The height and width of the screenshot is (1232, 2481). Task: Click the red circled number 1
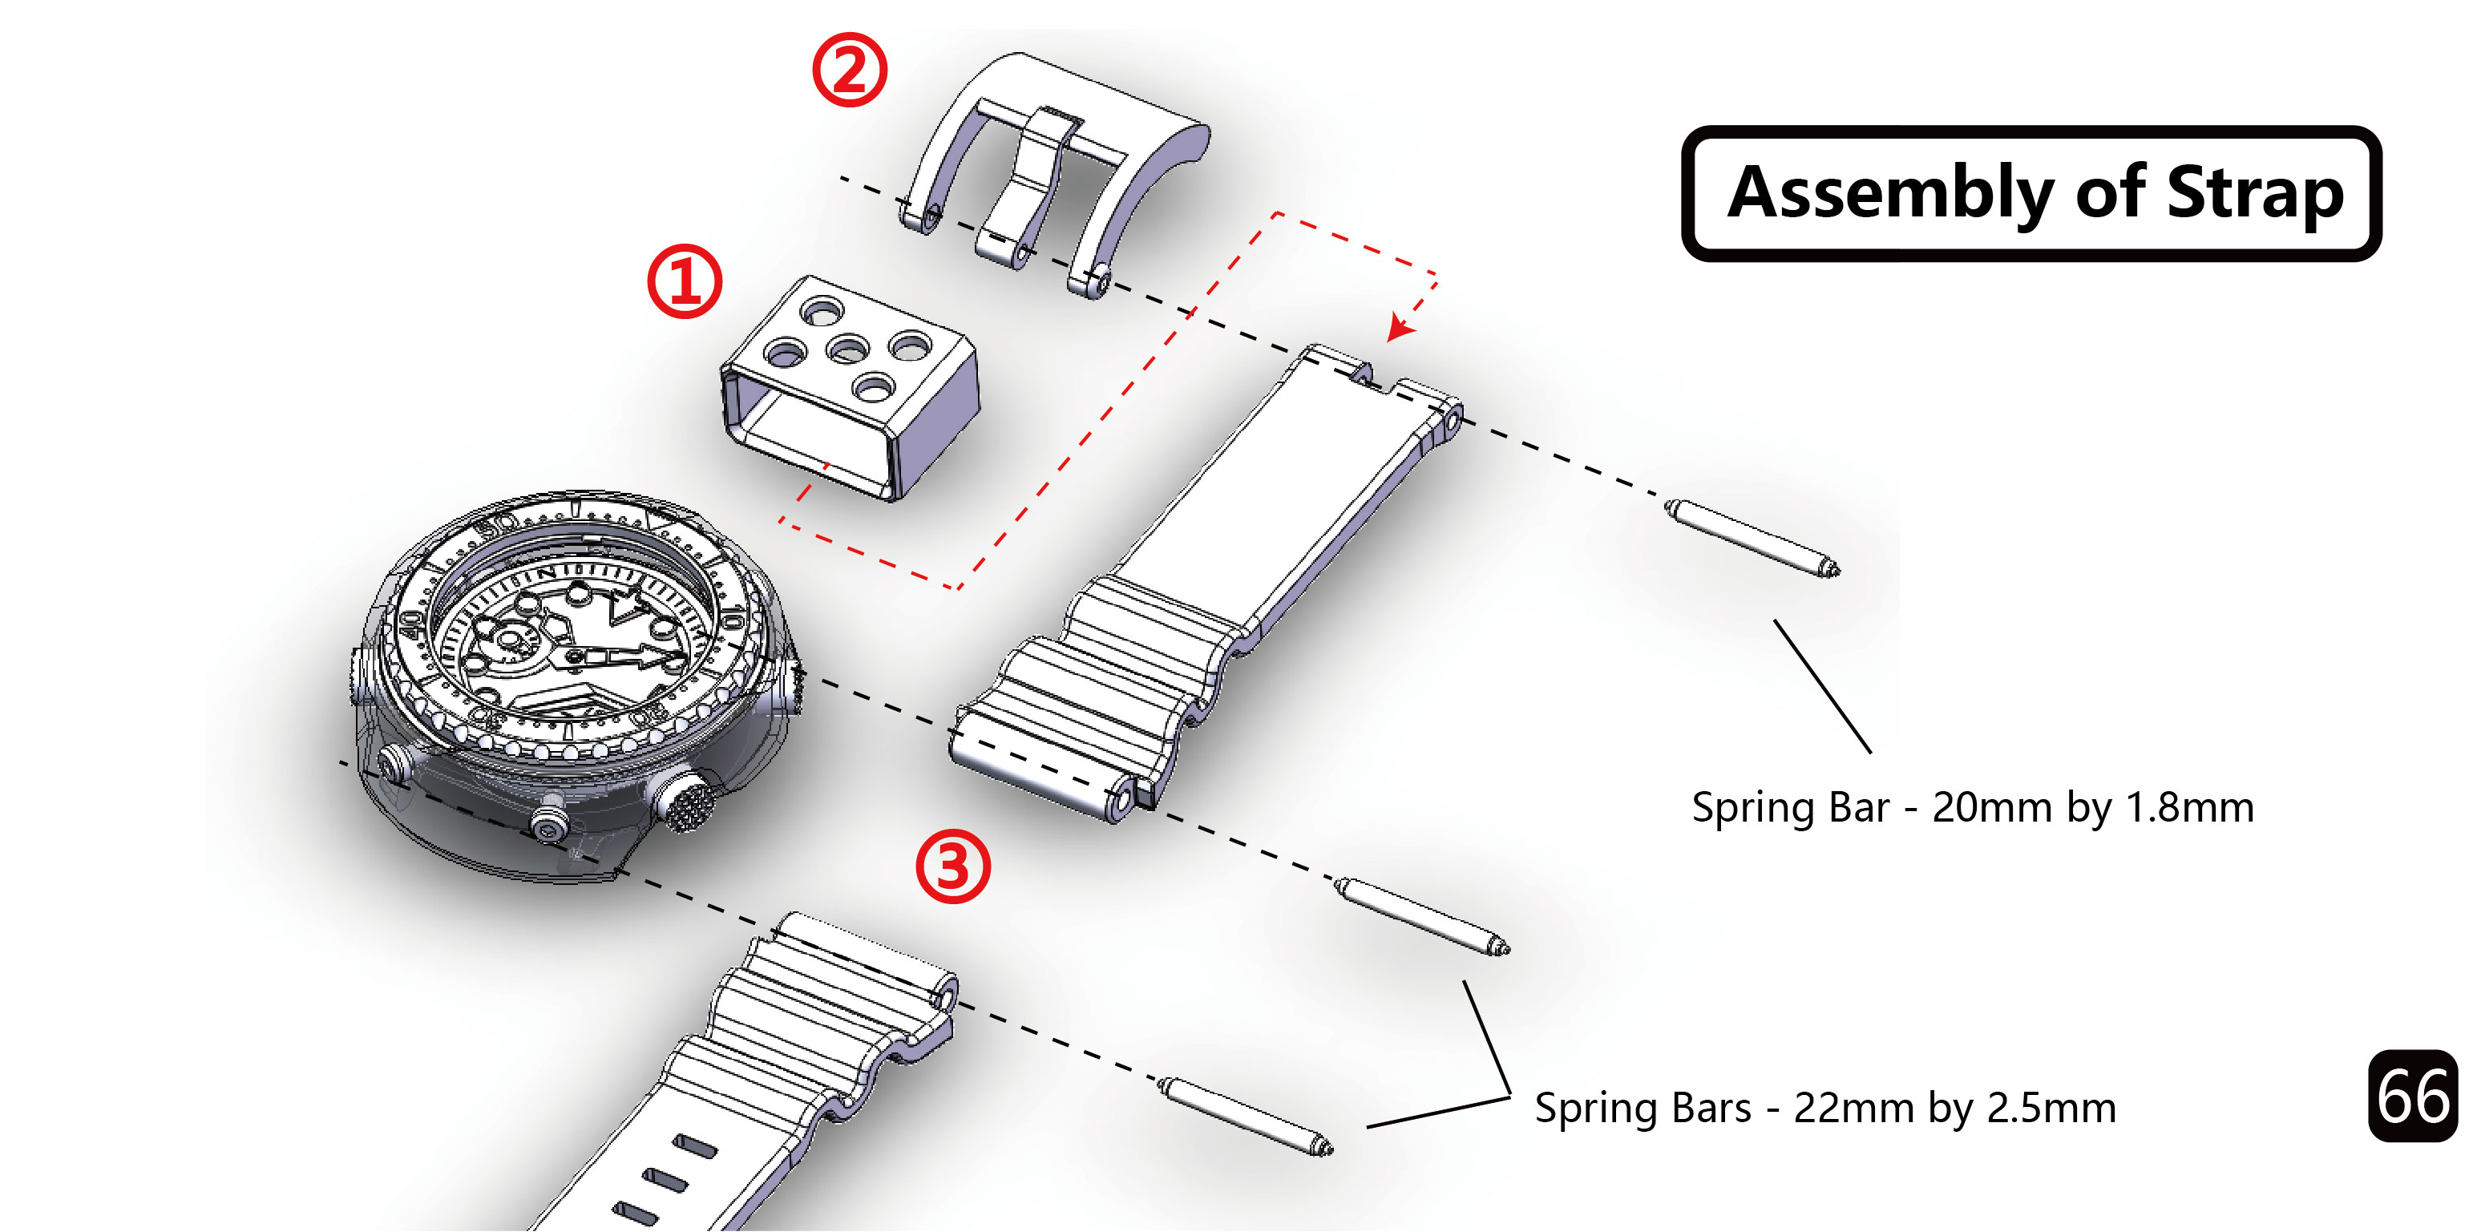pos(684,281)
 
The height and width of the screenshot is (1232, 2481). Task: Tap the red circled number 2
pos(848,70)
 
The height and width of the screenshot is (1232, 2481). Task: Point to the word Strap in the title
pos(2253,194)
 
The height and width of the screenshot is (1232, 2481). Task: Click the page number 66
pos(2413,1097)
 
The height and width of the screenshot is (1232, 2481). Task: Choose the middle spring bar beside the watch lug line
pos(1421,916)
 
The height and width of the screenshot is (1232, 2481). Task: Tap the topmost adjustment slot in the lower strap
pos(694,1146)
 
